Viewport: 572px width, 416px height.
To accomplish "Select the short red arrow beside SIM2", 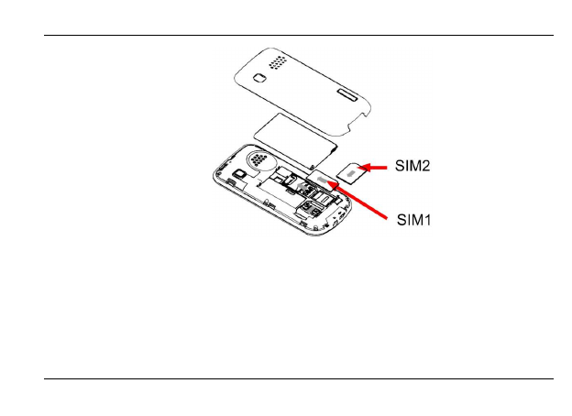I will [x=376, y=168].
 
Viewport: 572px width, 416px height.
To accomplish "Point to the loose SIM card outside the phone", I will [x=351, y=170].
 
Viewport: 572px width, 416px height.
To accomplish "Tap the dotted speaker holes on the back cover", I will [x=276, y=65].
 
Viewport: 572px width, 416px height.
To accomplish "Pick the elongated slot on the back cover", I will [x=348, y=93].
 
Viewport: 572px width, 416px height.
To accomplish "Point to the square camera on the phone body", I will [x=237, y=173].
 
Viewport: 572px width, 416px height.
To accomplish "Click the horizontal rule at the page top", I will [x=286, y=36].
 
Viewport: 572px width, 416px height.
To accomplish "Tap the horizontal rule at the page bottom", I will [x=286, y=378].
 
